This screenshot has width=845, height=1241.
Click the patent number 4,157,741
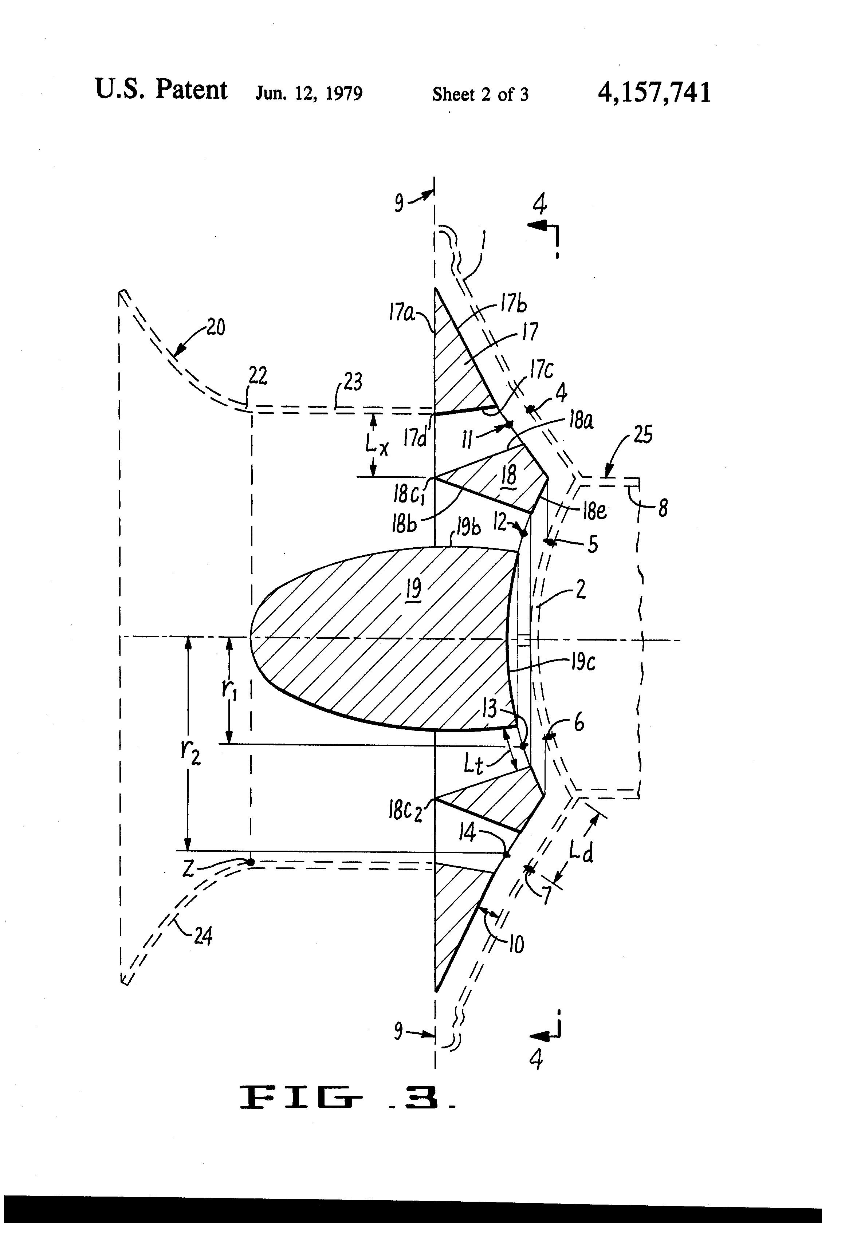(x=654, y=92)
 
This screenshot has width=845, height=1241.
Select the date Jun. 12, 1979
(x=309, y=94)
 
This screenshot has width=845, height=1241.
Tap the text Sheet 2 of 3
(x=480, y=95)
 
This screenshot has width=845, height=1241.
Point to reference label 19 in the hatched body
(x=413, y=588)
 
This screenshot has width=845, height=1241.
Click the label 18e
(x=594, y=511)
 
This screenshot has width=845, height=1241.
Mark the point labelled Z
(x=249, y=862)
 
